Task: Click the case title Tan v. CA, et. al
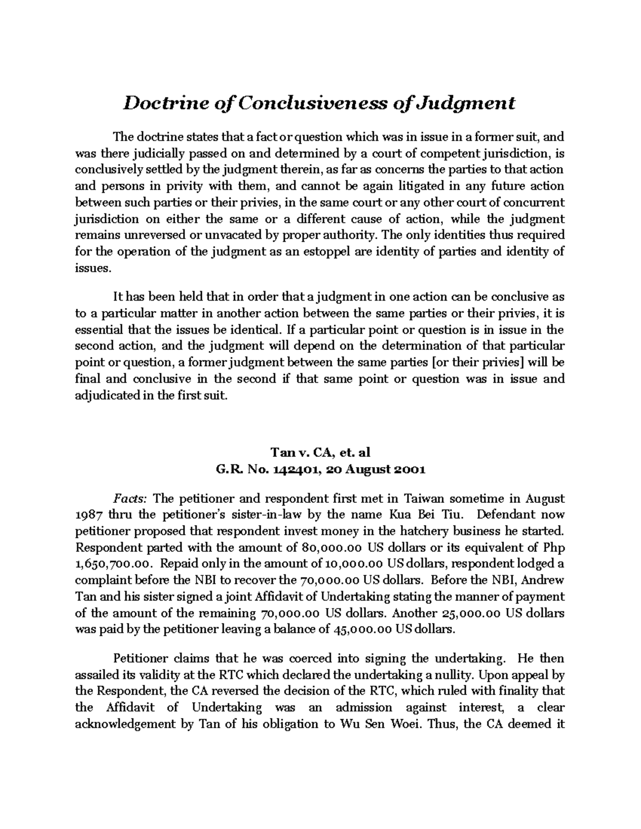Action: [320, 453]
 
